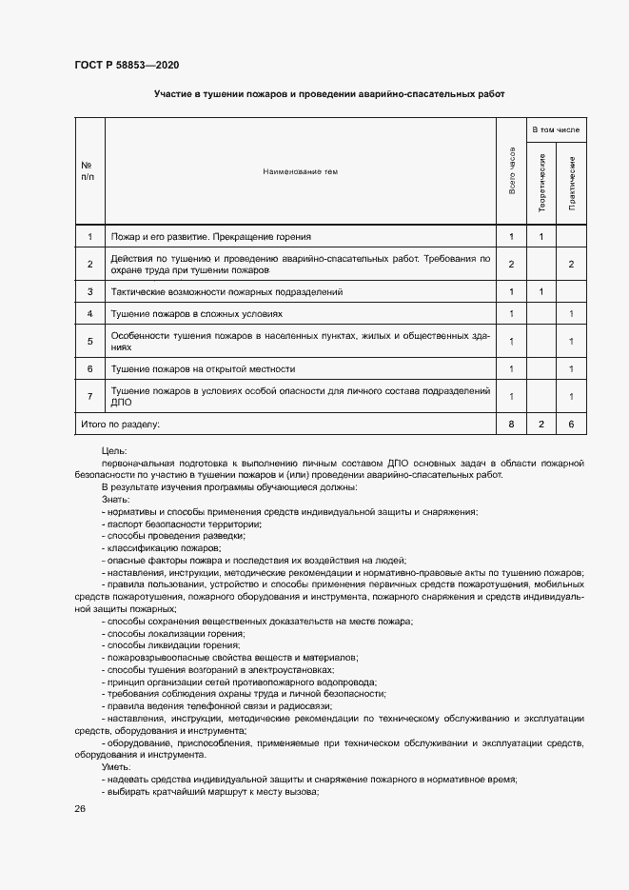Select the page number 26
[x=80, y=808]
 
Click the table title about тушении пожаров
[x=329, y=94]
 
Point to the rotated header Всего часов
[x=512, y=171]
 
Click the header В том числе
[x=557, y=129]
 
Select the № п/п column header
[x=88, y=171]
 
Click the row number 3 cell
[x=89, y=291]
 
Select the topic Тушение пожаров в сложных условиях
[x=197, y=313]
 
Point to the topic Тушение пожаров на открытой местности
[x=203, y=368]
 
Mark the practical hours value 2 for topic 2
[x=572, y=264]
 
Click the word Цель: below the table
[x=113, y=450]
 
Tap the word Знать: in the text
[x=115, y=499]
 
